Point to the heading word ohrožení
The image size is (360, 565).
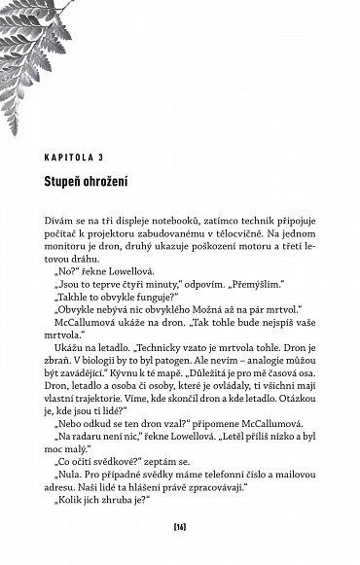tap(119, 181)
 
